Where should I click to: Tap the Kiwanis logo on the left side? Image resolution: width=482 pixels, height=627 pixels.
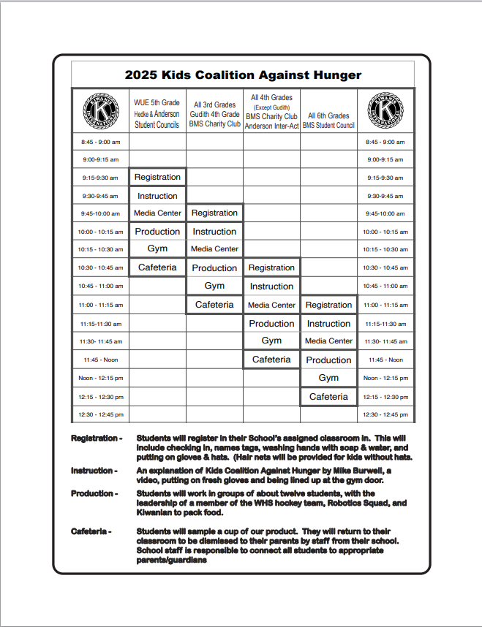(100, 110)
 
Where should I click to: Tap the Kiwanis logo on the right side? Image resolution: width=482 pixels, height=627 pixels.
(385, 110)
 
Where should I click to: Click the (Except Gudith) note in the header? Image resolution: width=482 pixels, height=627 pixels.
(271, 107)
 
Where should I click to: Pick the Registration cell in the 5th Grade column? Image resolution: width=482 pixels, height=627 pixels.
(157, 177)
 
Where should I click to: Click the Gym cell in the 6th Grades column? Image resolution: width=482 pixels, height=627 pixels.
(328, 378)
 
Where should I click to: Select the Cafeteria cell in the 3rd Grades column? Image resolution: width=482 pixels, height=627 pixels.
(214, 305)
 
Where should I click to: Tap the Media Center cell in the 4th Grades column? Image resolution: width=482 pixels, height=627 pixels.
(271, 305)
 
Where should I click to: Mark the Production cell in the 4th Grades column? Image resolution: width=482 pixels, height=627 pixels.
(271, 323)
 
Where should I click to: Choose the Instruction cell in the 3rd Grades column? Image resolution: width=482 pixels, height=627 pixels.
(214, 232)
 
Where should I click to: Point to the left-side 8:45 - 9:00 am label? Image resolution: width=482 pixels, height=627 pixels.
(100, 142)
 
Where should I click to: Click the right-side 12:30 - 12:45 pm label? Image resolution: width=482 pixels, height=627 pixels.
(385, 415)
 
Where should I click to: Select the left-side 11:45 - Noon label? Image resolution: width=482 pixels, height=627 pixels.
(100, 360)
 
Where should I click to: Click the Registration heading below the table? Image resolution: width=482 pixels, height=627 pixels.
(96, 438)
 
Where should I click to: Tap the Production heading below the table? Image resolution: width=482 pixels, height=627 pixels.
(93, 493)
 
